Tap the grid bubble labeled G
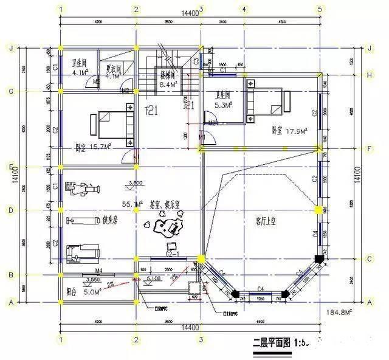10,91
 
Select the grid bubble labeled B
10,275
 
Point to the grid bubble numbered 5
319,9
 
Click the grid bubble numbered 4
244,9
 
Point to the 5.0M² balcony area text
91,292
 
